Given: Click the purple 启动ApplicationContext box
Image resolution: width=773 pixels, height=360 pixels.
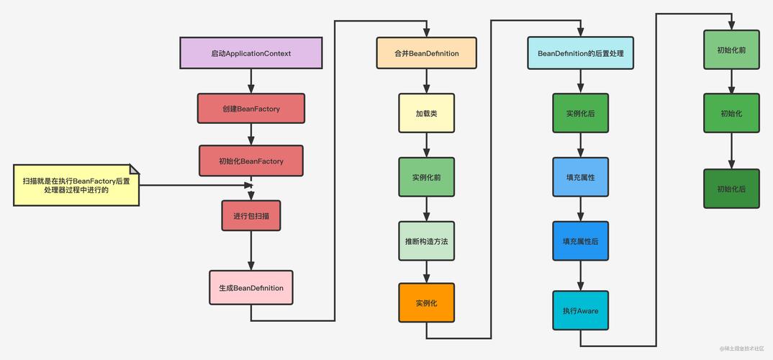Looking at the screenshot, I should (x=250, y=53).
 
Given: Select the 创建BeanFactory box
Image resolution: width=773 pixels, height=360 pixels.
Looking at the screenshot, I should (x=250, y=109).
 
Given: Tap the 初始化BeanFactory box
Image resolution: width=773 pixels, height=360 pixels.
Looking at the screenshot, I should (x=250, y=161).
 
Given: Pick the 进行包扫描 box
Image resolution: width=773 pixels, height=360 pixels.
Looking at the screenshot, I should (x=250, y=215).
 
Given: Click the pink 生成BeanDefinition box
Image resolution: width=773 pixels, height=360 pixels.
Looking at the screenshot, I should (x=250, y=287).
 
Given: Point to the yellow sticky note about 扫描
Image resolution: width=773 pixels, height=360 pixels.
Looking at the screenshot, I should (x=76, y=185).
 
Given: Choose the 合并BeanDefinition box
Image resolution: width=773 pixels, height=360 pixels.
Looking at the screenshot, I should (x=426, y=53).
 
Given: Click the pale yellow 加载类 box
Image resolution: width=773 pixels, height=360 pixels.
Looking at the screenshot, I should (x=426, y=113).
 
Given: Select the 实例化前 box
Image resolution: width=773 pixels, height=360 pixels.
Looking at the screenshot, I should (x=426, y=177).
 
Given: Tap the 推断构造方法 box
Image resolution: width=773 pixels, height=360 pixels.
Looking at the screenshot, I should (x=426, y=241).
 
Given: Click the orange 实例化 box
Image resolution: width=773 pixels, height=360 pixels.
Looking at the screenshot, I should (x=426, y=302).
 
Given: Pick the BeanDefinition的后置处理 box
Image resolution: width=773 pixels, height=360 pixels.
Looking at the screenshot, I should (x=580, y=53).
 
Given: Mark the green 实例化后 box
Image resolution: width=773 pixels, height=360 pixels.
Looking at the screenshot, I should (x=580, y=113).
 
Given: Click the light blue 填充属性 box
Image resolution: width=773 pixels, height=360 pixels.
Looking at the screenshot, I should (x=580, y=177).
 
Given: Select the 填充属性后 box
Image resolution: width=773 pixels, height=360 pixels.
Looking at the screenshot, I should (x=580, y=241).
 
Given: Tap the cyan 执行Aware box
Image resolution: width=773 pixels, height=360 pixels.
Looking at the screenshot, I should (x=580, y=310).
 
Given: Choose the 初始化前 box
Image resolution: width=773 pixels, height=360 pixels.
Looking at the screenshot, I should (x=731, y=50).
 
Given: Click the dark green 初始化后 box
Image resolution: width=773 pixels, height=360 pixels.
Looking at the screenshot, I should (x=731, y=189).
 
